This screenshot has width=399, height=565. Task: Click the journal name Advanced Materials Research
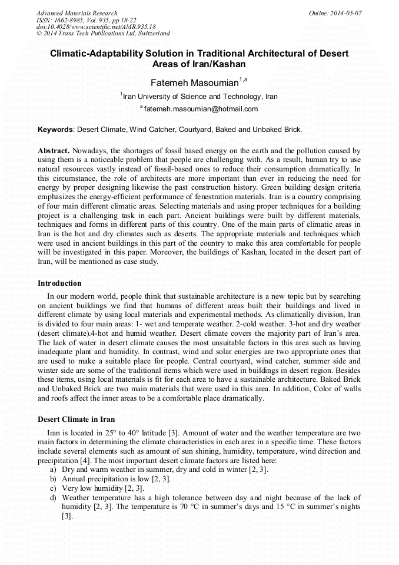77,13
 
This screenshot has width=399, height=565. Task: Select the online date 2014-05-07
348,13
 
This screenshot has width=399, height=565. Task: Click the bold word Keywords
55,129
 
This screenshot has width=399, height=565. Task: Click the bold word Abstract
54,151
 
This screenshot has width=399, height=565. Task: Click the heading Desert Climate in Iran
76,419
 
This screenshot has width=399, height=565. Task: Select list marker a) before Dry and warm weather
54,470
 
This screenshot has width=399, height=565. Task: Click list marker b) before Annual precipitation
54,479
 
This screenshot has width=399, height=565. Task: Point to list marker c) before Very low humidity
54,488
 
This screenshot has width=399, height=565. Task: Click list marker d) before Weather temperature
54,498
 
